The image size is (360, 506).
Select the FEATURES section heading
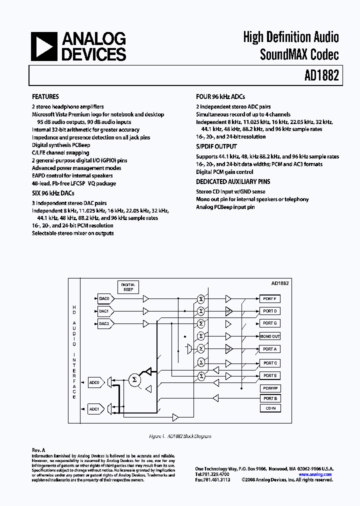click(45, 97)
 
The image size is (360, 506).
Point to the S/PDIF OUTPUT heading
click(216, 146)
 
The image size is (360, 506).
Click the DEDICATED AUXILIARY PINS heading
click(231, 182)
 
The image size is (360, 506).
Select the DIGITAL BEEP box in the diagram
click(128, 287)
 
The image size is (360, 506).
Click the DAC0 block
click(104, 298)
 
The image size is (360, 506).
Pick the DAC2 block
click(104, 323)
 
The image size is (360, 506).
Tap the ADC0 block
click(94, 382)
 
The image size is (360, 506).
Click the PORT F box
click(269, 298)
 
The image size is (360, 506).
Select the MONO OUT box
click(269, 336)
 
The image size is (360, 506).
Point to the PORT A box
click(269, 349)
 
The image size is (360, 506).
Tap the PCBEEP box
click(269, 388)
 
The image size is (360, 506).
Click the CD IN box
click(269, 408)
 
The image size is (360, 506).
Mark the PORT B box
click(269, 398)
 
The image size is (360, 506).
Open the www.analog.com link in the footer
click(315, 474)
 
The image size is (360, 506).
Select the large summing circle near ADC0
click(133, 380)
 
